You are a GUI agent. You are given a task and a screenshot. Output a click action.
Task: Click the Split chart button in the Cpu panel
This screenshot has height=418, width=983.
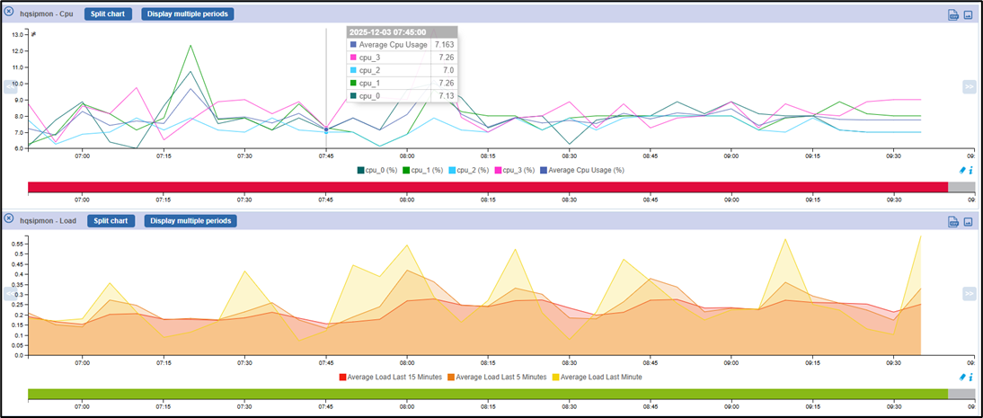tap(109, 14)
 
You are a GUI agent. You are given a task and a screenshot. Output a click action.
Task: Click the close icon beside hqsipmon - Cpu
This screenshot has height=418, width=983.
tap(9, 12)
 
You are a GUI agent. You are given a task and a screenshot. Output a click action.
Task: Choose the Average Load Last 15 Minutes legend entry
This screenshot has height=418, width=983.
tap(390, 377)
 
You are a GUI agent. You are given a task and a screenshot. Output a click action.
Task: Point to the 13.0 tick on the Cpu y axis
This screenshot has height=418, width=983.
tap(18, 34)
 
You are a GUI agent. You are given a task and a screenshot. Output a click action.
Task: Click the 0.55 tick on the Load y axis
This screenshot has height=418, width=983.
tap(16, 243)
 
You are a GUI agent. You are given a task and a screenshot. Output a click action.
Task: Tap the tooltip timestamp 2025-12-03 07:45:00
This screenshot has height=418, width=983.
tap(387, 31)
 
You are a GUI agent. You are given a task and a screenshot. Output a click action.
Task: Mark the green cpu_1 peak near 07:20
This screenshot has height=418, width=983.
tap(190, 46)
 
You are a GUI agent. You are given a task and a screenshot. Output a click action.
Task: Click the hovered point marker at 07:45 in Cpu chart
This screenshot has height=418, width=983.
tap(326, 130)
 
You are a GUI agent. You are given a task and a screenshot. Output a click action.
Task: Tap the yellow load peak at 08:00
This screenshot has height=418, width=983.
tap(407, 245)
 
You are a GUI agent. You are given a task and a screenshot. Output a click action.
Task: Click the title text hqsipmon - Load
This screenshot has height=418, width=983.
tap(49, 221)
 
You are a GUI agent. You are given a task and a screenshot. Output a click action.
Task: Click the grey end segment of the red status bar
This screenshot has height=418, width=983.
tap(961, 186)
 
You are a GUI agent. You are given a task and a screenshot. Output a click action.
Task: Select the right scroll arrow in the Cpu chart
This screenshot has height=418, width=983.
tap(969, 87)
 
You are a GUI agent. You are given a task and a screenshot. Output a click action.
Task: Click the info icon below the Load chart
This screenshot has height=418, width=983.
tap(970, 377)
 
